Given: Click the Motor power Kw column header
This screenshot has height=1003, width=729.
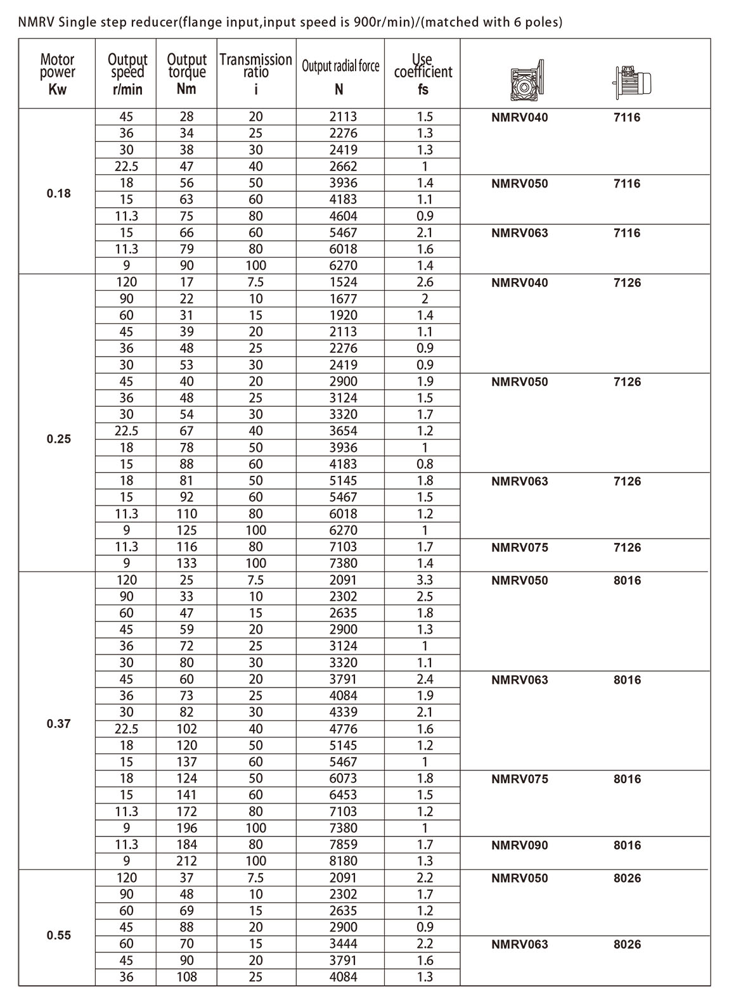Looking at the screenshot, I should tap(58, 74).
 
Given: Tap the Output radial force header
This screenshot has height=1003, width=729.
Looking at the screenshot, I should tap(340, 66).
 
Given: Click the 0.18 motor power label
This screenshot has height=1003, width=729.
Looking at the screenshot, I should tap(58, 193).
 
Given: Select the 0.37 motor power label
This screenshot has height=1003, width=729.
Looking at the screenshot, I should tap(58, 724).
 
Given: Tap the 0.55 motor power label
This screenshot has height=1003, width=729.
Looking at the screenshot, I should tap(58, 935).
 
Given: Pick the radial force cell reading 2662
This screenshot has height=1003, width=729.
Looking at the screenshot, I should tap(343, 167).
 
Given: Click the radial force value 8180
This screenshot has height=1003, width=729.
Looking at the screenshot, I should tap(343, 861).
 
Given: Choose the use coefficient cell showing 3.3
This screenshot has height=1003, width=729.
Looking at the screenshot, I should tap(425, 580).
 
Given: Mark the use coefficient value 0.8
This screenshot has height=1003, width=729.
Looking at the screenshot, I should tap(425, 464).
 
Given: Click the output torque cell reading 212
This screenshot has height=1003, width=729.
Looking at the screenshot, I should tap(186, 861).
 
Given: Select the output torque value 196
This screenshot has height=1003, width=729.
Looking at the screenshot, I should tap(186, 828).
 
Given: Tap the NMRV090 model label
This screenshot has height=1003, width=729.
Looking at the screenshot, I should tap(519, 845).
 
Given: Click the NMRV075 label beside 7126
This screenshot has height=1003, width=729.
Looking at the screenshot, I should tap(519, 547).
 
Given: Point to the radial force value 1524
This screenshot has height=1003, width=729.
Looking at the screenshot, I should tap(343, 283).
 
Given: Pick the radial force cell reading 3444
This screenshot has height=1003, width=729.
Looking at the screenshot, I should tap(343, 944).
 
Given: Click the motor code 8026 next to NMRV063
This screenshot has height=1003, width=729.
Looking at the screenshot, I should tap(627, 944).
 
